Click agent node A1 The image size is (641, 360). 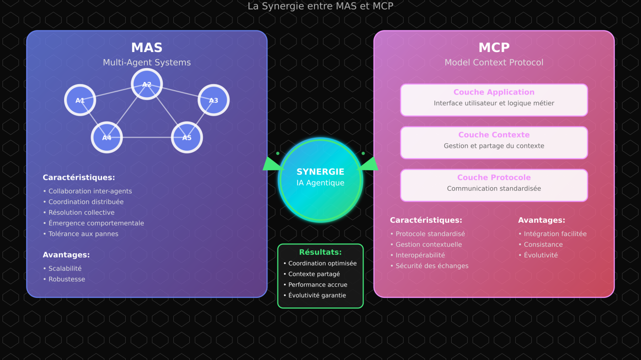coord(80,100)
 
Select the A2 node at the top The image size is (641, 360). coord(147,84)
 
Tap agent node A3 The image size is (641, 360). coord(213,100)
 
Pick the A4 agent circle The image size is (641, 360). coord(107,137)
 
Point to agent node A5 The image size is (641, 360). coord(187,137)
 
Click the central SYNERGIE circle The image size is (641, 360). coord(320,179)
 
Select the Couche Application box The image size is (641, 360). coord(494,100)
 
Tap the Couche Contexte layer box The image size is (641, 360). coord(494,142)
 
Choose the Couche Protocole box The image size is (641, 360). coord(494,185)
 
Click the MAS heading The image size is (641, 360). coord(147,48)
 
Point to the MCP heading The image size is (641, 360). coord(494,48)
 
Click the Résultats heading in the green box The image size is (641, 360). coord(320,252)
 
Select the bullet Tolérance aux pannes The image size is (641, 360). coord(83,234)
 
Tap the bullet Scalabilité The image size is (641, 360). coord(65,268)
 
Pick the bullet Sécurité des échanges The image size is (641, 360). coord(432,266)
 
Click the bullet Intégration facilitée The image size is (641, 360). coord(555,234)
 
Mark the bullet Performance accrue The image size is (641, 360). coord(317,284)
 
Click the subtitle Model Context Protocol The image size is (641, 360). coord(494,63)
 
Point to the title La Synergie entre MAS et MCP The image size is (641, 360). coord(320,6)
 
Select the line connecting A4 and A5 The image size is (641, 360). coord(147,137)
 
